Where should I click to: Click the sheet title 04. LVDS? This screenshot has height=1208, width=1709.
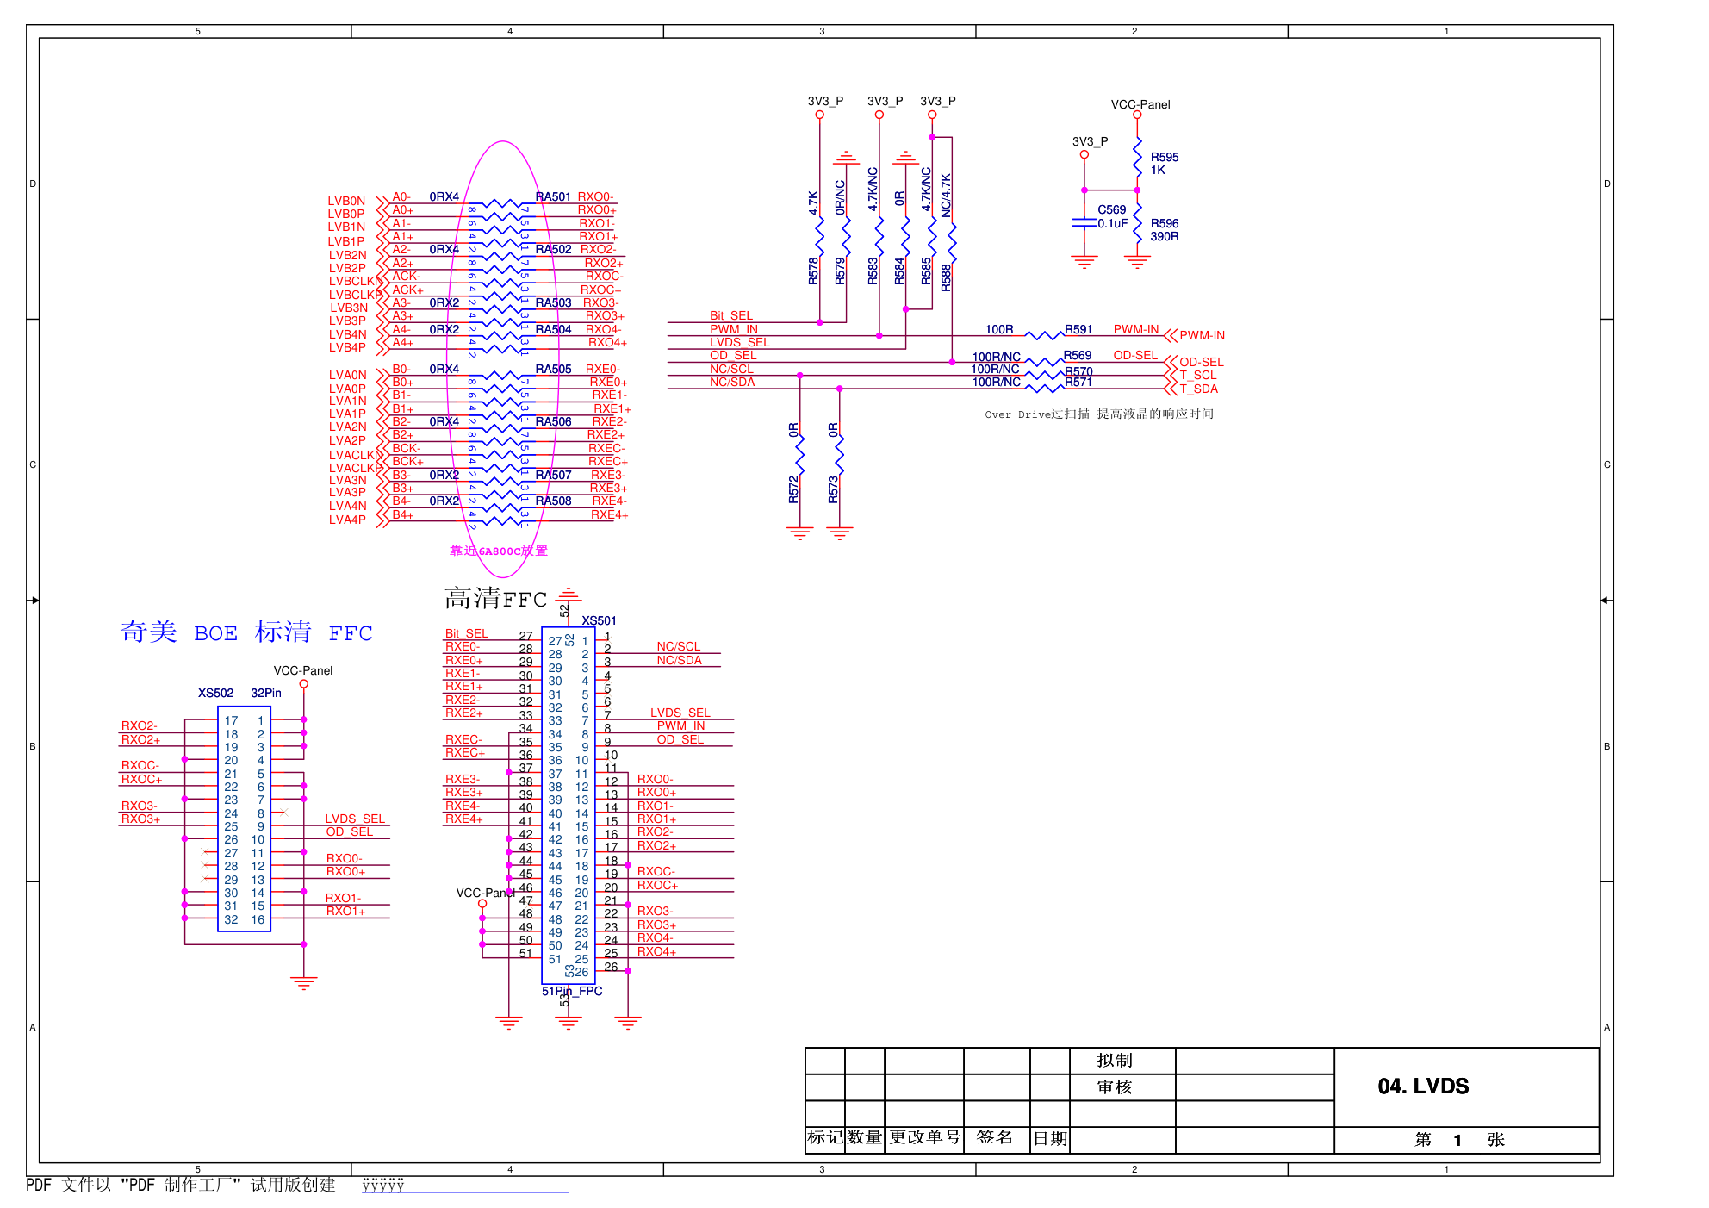(1423, 1086)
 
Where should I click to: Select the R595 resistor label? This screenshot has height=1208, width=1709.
(1164, 158)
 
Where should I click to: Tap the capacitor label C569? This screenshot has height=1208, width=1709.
(1111, 209)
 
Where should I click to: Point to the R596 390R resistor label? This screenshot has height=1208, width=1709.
(1164, 230)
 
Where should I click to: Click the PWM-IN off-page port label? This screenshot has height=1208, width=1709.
(1202, 335)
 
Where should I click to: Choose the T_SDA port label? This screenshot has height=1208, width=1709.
(1198, 389)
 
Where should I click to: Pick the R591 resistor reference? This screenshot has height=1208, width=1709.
(1078, 329)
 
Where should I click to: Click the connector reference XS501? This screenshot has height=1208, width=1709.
(599, 620)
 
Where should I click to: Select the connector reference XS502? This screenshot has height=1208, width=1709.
(215, 693)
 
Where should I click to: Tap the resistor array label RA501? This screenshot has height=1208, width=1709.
(553, 196)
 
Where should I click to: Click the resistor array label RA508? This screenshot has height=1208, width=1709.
(553, 501)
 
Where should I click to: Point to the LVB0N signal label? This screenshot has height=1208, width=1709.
(346, 201)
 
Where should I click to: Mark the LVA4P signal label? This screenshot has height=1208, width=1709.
(347, 520)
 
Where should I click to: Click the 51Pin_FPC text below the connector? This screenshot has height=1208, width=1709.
(572, 991)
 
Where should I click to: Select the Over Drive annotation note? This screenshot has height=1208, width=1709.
(1099, 414)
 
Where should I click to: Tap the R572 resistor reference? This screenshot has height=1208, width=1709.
(793, 489)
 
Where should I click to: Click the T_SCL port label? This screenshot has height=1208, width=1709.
(1197, 375)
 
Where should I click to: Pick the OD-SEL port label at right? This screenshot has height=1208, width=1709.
(1201, 362)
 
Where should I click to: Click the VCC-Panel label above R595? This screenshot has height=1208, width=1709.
(1140, 104)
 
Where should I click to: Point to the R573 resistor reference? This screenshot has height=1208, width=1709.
(833, 489)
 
